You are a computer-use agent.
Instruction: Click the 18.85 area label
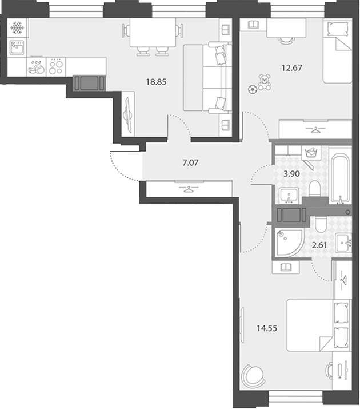pyautogui.click(x=157, y=82)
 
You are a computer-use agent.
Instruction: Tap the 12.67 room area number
pyautogui.click(x=292, y=68)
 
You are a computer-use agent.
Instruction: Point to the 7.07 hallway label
pyautogui.click(x=190, y=163)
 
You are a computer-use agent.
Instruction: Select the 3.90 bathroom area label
pyautogui.click(x=291, y=174)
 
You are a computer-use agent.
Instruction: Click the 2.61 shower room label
pyautogui.click(x=319, y=245)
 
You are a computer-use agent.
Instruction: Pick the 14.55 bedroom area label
pyautogui.click(x=267, y=328)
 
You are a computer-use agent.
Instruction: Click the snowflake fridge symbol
pyautogui.click(x=17, y=27)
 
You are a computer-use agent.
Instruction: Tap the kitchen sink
pyautogui.click(x=17, y=47)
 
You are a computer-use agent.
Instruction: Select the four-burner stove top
pyautogui.click(x=56, y=67)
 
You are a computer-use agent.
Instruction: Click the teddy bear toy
pyautogui.click(x=265, y=82)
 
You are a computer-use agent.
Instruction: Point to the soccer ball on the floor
pyautogui.click(x=253, y=89)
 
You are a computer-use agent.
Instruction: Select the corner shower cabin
pyautogui.click(x=289, y=243)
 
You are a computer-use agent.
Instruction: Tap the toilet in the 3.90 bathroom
pyautogui.click(x=315, y=189)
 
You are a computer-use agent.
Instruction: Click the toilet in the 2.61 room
pyautogui.click(x=321, y=225)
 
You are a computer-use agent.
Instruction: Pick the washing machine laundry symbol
pyautogui.click(x=311, y=153)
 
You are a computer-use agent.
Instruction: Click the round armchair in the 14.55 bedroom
pyautogui.click(x=253, y=376)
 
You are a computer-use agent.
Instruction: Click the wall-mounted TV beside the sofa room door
pyautogui.click(x=127, y=114)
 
